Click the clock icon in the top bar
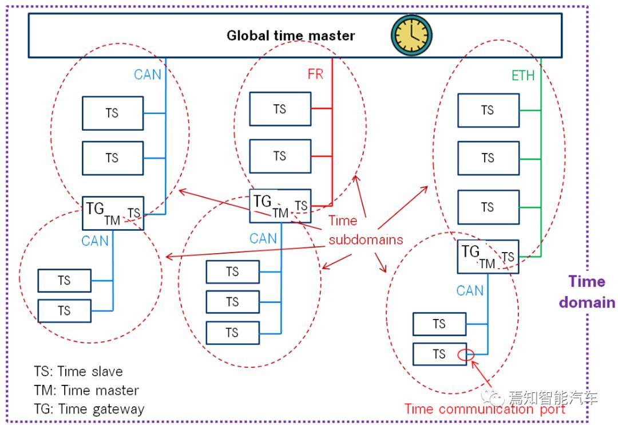411,35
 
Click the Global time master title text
291,36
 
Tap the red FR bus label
315,74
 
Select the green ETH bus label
522,76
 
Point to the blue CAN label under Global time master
148,74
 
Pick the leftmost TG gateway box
113,213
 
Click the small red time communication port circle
465,356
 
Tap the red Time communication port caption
485,409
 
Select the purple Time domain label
587,292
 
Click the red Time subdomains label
365,230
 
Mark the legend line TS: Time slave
78,372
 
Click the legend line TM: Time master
86,391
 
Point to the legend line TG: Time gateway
89,409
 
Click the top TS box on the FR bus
280,109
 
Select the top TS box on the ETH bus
488,110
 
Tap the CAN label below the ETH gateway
470,291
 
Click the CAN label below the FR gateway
263,238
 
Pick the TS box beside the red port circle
439,354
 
